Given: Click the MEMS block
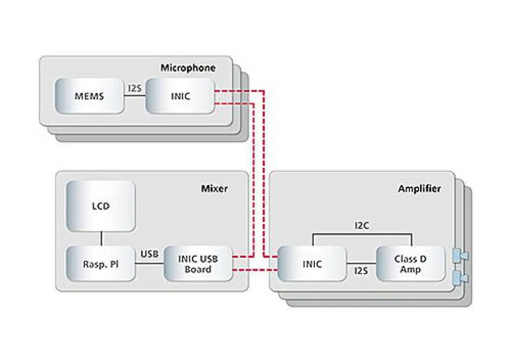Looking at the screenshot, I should coord(89,96).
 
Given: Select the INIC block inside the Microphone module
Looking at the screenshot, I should coord(180,96).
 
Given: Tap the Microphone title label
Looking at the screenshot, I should coord(188,68).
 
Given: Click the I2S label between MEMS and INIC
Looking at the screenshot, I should coord(135,89).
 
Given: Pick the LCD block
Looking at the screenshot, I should coord(101,206).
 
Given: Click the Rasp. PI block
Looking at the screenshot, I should coord(101,264).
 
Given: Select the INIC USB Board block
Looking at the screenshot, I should coord(198,264).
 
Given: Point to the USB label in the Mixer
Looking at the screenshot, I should coord(149,254).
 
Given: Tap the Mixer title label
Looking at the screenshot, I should coord(214,188).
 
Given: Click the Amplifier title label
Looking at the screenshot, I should coord(419,188).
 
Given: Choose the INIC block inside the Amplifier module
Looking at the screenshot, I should coord(312,264).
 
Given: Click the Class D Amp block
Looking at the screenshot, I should coord(411,264).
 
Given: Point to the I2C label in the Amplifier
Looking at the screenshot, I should coord(362,226).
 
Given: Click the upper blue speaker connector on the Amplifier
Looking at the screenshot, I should coord(460,256).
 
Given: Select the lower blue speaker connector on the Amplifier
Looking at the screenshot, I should coord(460,278).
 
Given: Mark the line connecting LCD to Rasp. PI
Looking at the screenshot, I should coord(101,239).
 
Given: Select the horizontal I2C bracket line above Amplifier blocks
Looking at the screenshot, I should coord(362,233).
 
